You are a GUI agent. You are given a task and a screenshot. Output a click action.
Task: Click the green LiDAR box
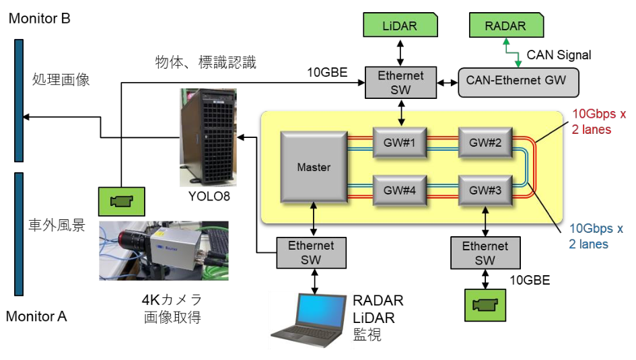[400, 26]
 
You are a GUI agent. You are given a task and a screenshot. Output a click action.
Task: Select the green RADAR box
[505, 26]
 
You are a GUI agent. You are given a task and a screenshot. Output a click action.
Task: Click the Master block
[314, 167]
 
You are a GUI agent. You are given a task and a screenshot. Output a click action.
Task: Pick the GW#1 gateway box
[400, 143]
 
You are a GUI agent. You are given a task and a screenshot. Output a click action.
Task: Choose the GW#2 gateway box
[485, 143]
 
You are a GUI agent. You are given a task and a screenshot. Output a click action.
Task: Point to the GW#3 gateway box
[485, 190]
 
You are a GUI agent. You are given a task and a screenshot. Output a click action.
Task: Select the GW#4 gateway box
[400, 190]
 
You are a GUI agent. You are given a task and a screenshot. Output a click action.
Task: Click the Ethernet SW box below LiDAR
[400, 82]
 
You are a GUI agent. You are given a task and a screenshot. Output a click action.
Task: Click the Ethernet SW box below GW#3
[485, 253]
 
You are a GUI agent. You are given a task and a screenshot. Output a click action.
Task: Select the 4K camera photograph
[164, 250]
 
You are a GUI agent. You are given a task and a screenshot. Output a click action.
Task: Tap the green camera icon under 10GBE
[484, 305]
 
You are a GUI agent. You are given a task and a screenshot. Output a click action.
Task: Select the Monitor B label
[39, 18]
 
